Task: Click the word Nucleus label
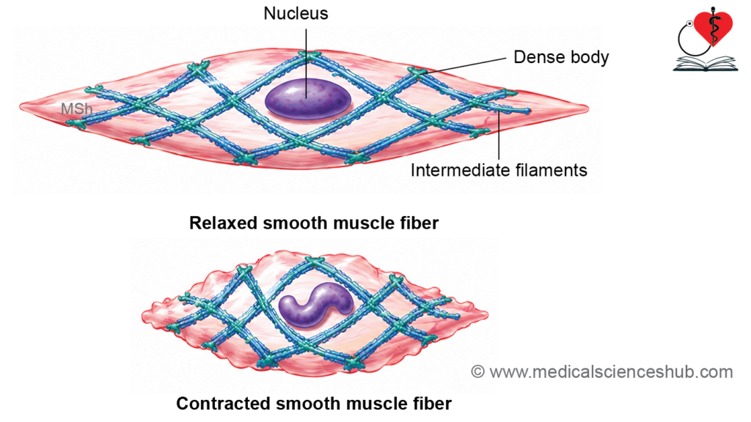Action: click(296, 13)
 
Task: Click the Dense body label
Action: click(561, 57)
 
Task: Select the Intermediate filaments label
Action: click(499, 170)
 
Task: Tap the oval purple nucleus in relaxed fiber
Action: click(308, 99)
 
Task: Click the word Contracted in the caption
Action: click(224, 404)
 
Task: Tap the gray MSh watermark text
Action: click(76, 109)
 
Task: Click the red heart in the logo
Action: click(713, 27)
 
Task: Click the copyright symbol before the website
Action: click(477, 371)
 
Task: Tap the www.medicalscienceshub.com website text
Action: click(611, 371)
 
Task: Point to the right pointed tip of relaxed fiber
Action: click(588, 109)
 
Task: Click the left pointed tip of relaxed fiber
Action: click(20, 106)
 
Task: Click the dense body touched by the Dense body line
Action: click(417, 73)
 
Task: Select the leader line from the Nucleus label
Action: click(306, 63)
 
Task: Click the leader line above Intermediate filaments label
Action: click(499, 136)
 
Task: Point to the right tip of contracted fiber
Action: click(487, 315)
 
